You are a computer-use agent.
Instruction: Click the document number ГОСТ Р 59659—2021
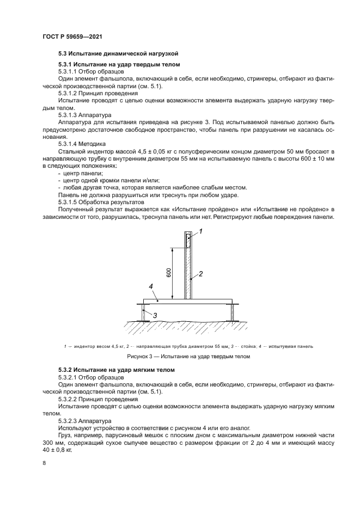pyautogui.click(x=73, y=36)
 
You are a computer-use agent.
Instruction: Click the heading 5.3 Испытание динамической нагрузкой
pyautogui.click(x=118, y=54)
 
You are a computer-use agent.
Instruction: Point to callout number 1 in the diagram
pyautogui.click(x=200, y=231)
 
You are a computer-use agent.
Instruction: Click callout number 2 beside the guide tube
pyautogui.click(x=200, y=274)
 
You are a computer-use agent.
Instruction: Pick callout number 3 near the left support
pyautogui.click(x=155, y=315)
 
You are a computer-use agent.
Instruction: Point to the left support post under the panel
pyautogui.click(x=145, y=313)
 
